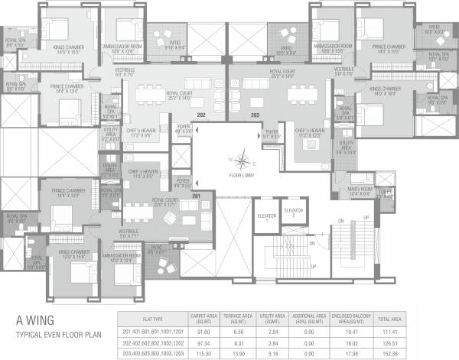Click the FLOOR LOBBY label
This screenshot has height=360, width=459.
(242, 175)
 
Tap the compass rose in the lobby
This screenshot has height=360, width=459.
(242, 161)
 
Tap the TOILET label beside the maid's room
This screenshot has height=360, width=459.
(385, 193)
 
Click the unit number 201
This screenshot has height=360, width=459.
(196, 197)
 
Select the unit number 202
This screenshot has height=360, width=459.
(202, 115)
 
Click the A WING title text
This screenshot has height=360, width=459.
(35, 323)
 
